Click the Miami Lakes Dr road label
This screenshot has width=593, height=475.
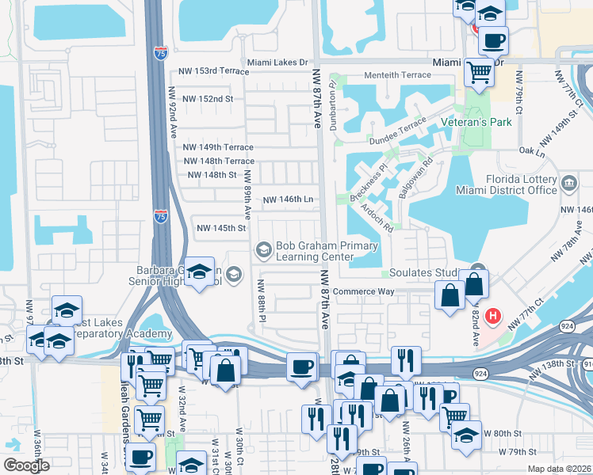click(x=277, y=62)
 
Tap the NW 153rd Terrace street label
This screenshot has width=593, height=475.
click(x=210, y=70)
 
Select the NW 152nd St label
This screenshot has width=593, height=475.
click(x=209, y=99)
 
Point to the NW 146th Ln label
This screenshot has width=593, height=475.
click(x=288, y=200)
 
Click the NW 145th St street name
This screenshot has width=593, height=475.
click(x=221, y=228)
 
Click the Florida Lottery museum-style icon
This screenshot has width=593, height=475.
click(x=568, y=184)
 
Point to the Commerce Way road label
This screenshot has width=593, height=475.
click(x=363, y=291)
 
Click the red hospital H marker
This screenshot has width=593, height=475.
click(x=493, y=317)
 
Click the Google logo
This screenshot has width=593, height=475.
click(x=26, y=465)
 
